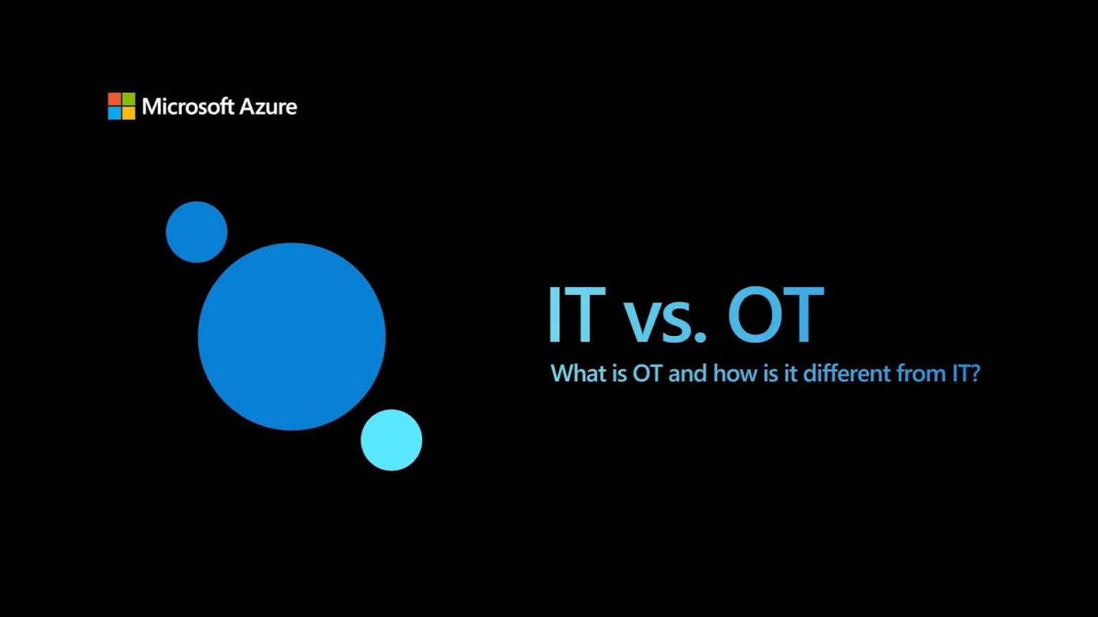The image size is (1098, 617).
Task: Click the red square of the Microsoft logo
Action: pos(114,99)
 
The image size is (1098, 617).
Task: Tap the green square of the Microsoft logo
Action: pos(129,99)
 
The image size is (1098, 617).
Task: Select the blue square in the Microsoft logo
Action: pos(114,113)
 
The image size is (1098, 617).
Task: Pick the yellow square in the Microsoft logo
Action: pos(129,113)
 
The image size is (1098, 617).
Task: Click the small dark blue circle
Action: pos(196,232)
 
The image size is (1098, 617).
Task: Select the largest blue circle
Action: pos(292,337)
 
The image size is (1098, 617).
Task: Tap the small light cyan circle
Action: pos(391,440)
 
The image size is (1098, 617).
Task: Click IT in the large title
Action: pos(572,315)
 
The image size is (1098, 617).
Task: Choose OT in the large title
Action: pos(775,315)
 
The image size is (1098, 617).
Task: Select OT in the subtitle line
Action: pos(649,374)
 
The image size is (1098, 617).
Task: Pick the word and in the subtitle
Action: pos(691,374)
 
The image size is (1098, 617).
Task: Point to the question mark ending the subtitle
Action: pos(974,374)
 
